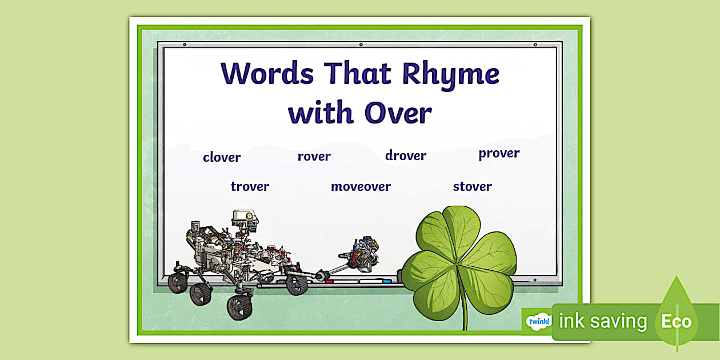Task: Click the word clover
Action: pos(222,157)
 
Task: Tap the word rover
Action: pos(314,157)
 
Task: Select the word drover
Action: pos(406,155)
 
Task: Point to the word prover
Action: pos(499,154)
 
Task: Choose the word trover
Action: pos(250,186)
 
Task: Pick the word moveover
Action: pos(361,186)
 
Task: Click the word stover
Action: pos(472,186)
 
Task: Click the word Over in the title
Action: pos(398,113)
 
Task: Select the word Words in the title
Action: pos(267,74)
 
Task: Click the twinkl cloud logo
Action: pos(538,321)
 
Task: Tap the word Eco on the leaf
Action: pos(677,321)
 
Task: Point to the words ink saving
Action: pos(603,322)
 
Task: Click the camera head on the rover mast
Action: pos(245,221)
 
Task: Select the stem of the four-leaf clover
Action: pos(464,309)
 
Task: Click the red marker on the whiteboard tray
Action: pos(329,282)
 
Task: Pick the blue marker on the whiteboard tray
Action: pos(387,281)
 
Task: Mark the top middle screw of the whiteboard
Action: pos(361,45)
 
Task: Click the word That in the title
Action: pos(358,73)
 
